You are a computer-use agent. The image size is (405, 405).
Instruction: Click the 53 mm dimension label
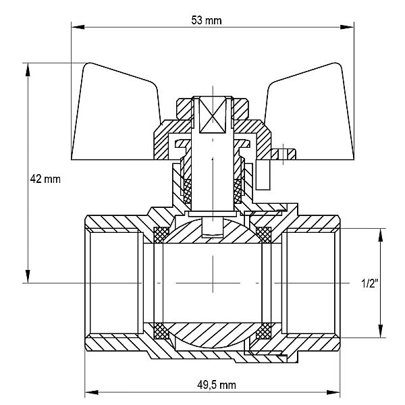pyautogui.click(x=207, y=20)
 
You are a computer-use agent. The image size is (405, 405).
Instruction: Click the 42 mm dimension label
pyautogui.click(x=45, y=179)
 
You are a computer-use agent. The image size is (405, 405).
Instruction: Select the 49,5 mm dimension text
pyautogui.click(x=217, y=385)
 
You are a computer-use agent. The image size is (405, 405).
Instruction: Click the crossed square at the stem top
pyautogui.click(x=213, y=115)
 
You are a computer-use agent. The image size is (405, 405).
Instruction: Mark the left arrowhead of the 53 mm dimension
pyautogui.click(x=78, y=27)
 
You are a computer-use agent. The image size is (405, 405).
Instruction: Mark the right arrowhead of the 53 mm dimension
pyautogui.click(x=347, y=27)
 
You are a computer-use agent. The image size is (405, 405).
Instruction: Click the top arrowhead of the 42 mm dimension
pyautogui.click(x=28, y=70)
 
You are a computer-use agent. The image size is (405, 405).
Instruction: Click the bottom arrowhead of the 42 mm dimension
pyautogui.click(x=28, y=276)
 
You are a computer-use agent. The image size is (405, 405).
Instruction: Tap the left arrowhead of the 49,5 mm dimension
pyautogui.click(x=92, y=393)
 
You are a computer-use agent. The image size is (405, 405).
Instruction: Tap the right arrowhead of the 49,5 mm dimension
pyautogui.click(x=333, y=393)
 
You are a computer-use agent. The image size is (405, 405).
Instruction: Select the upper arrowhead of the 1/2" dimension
pyautogui.click(x=380, y=235)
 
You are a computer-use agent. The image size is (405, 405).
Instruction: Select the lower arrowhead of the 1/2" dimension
pyautogui.click(x=380, y=331)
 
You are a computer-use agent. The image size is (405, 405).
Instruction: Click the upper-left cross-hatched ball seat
pyautogui.click(x=161, y=235)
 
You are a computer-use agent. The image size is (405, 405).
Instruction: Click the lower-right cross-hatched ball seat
pyautogui.click(x=263, y=331)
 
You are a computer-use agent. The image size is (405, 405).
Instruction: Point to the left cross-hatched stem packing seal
pyautogui.click(x=187, y=191)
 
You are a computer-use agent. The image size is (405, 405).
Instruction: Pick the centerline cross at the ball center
pyautogui.click(x=213, y=283)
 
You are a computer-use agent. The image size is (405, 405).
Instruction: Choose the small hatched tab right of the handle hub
pyautogui.click(x=283, y=154)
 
